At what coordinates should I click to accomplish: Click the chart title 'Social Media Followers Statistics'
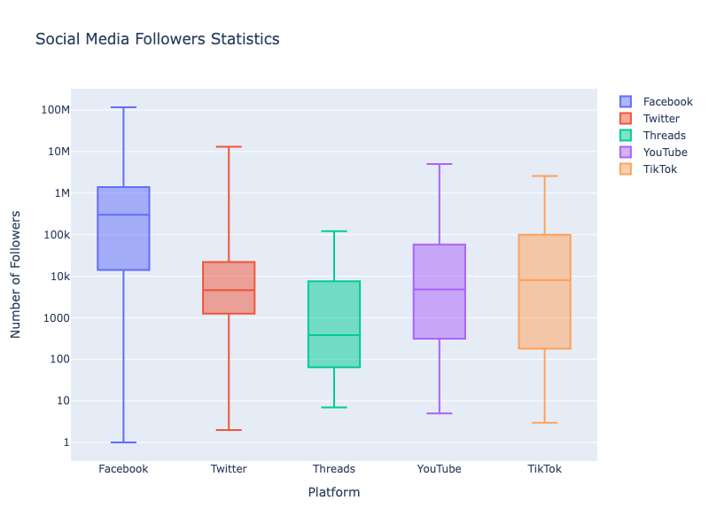click(157, 39)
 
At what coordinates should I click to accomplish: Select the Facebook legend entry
click(667, 102)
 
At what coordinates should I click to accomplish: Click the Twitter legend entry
click(661, 119)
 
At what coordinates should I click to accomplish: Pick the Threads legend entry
click(664, 136)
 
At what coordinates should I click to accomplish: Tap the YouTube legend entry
click(665, 153)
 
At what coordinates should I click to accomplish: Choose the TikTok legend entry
click(659, 169)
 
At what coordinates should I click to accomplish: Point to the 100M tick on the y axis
click(54, 110)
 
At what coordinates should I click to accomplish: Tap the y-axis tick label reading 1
click(66, 442)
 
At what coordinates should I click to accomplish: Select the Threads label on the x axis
click(334, 469)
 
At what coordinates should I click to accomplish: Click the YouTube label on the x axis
click(440, 469)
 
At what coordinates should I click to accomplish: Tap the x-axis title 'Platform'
click(333, 492)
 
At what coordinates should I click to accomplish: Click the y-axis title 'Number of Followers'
click(16, 275)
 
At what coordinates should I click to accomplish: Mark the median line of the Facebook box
click(123, 215)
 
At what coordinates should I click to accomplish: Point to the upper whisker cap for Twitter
click(229, 147)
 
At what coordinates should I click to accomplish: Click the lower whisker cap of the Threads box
click(334, 407)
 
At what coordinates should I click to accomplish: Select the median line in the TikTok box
click(544, 280)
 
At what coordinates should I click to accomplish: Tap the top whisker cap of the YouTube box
click(440, 164)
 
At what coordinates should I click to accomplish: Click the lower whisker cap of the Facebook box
click(123, 442)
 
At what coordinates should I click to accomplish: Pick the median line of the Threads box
click(334, 335)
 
